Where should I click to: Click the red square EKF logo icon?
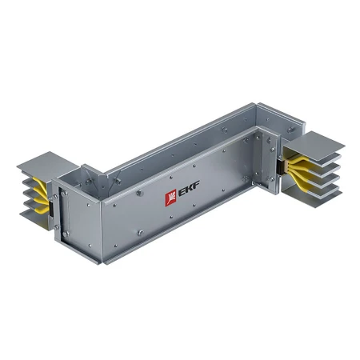pos(170,197)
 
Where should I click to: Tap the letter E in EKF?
pos(180,193)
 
